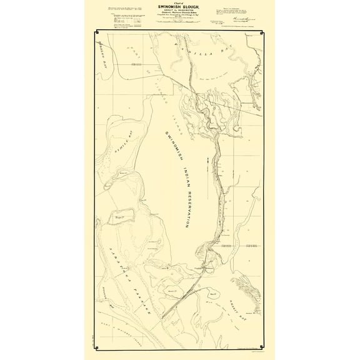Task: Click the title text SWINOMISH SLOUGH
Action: (180, 6)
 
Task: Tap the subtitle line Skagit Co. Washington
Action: (180, 11)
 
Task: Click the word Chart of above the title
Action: (180, 2)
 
